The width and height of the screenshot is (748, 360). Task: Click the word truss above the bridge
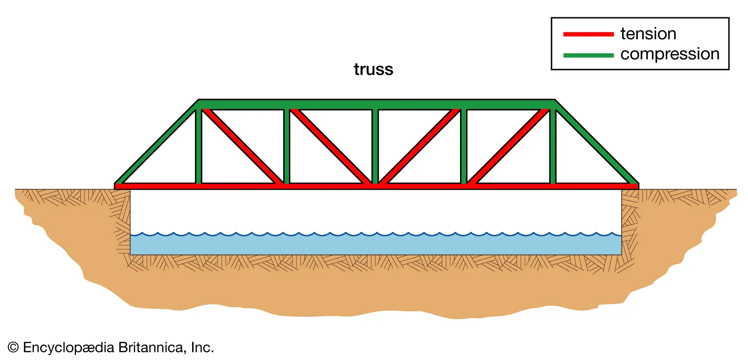373,69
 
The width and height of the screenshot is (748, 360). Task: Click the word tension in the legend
648,34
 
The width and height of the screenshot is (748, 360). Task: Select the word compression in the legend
669,54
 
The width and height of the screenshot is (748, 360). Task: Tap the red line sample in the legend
588,34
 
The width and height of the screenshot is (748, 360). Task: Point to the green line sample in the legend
588,55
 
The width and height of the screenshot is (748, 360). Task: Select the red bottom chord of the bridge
327,186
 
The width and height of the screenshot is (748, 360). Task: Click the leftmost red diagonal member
242,146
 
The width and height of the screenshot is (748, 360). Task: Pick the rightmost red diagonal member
509,146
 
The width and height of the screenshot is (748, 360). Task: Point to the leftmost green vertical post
198,146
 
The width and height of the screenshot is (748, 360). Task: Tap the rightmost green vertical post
553,146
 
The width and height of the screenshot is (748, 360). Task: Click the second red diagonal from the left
331,146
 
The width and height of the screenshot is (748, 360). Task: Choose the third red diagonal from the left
419,146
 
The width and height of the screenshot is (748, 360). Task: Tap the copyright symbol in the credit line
13,347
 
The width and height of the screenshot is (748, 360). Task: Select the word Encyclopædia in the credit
68,347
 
